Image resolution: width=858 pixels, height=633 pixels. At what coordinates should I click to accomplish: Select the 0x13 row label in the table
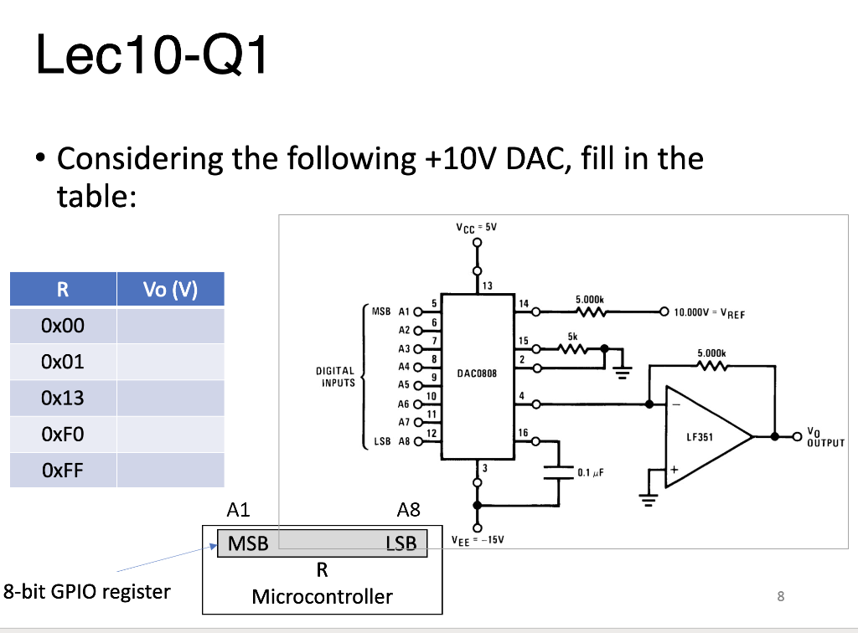pos(64,398)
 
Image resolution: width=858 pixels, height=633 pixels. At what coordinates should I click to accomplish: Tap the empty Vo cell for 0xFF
pos(170,470)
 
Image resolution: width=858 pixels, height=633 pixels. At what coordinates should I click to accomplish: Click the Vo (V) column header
pos(170,290)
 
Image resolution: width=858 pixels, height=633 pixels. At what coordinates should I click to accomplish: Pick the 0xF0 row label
pos(64,434)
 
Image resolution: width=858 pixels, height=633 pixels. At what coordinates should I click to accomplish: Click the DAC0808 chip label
pos(478,373)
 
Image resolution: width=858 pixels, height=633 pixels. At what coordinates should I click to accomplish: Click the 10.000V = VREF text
pos(703,316)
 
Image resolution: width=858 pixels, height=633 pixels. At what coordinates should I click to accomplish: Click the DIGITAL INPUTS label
pos(335,376)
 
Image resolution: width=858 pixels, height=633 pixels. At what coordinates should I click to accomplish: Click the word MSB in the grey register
pos(248,543)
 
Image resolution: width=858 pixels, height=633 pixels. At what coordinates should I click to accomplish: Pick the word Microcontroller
pos(322,596)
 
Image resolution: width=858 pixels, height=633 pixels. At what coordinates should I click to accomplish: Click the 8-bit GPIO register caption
pos(86,591)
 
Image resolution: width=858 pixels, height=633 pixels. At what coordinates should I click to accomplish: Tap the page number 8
pos(780,596)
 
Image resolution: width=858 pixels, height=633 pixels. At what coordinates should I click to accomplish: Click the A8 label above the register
pos(408,509)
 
